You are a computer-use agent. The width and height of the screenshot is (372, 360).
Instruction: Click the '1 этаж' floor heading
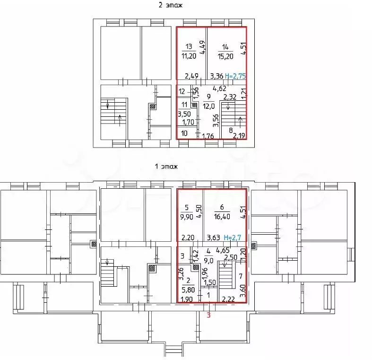coord(166,167)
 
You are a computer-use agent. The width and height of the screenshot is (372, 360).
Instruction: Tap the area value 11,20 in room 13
coord(189,55)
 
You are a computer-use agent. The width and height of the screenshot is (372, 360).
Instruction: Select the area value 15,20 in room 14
coord(225,55)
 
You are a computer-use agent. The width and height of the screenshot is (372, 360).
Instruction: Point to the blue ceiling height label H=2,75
coord(236,75)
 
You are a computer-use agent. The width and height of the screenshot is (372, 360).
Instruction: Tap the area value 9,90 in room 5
coord(186,217)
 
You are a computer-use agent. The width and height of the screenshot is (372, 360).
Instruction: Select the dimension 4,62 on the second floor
coord(220,88)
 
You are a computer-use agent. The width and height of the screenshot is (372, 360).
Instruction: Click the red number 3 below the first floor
coord(208,316)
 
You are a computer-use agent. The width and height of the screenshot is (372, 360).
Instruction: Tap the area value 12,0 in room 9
coord(208,105)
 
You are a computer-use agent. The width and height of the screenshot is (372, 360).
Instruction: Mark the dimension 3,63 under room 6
coord(214,238)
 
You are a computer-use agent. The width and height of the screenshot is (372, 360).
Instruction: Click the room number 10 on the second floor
coord(184,134)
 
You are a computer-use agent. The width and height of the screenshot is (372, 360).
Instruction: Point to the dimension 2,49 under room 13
coord(191,76)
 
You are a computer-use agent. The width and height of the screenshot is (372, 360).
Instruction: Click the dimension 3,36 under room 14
coord(216,76)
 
